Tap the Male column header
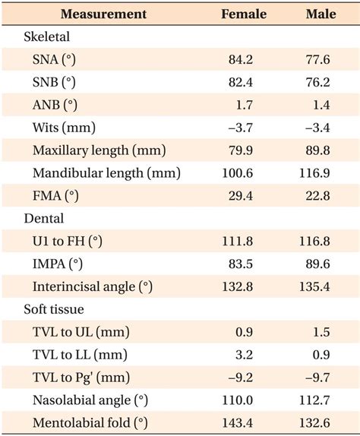pyautogui.click(x=321, y=14)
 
